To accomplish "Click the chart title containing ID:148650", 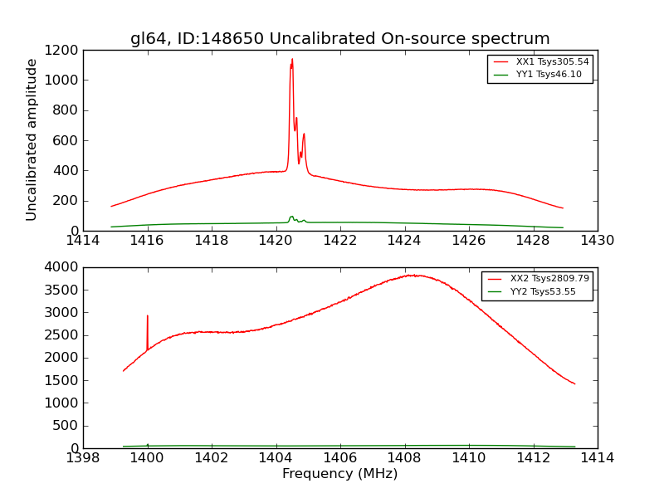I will tap(339, 39).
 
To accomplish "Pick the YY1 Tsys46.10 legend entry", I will tap(549, 75).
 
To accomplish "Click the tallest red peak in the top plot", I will tap(292, 59).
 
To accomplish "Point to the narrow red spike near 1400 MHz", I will tap(147, 316).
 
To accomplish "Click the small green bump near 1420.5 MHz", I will tap(291, 217).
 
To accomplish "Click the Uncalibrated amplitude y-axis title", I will tap(32, 139).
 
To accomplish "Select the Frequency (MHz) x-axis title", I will tap(339, 474).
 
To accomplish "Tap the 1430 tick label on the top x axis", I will tap(597, 241).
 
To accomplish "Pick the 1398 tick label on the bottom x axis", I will tap(83, 458).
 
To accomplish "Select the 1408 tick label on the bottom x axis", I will tap(404, 458).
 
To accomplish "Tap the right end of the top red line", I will tap(563, 208).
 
